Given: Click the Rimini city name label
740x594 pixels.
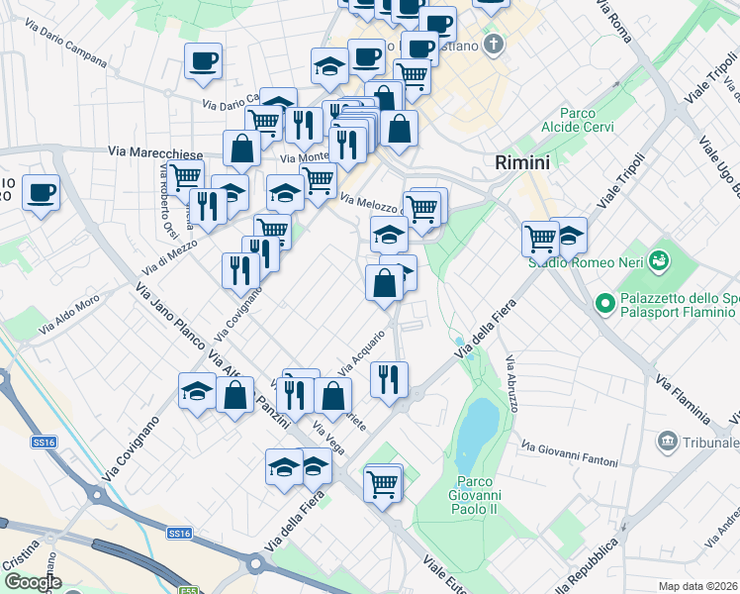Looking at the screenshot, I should pos(521,162).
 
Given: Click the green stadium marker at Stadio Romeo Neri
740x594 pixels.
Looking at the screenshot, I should pos(659,261).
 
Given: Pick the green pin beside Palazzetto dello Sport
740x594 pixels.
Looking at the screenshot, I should pos(604,302).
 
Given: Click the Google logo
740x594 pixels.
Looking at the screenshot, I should pos(32,582).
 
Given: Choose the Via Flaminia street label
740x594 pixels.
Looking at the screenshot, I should pos(682,397).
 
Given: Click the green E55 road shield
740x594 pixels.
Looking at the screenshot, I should pos(187,590).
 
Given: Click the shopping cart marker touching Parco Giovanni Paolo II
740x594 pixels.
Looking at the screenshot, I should pos(383,484).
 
